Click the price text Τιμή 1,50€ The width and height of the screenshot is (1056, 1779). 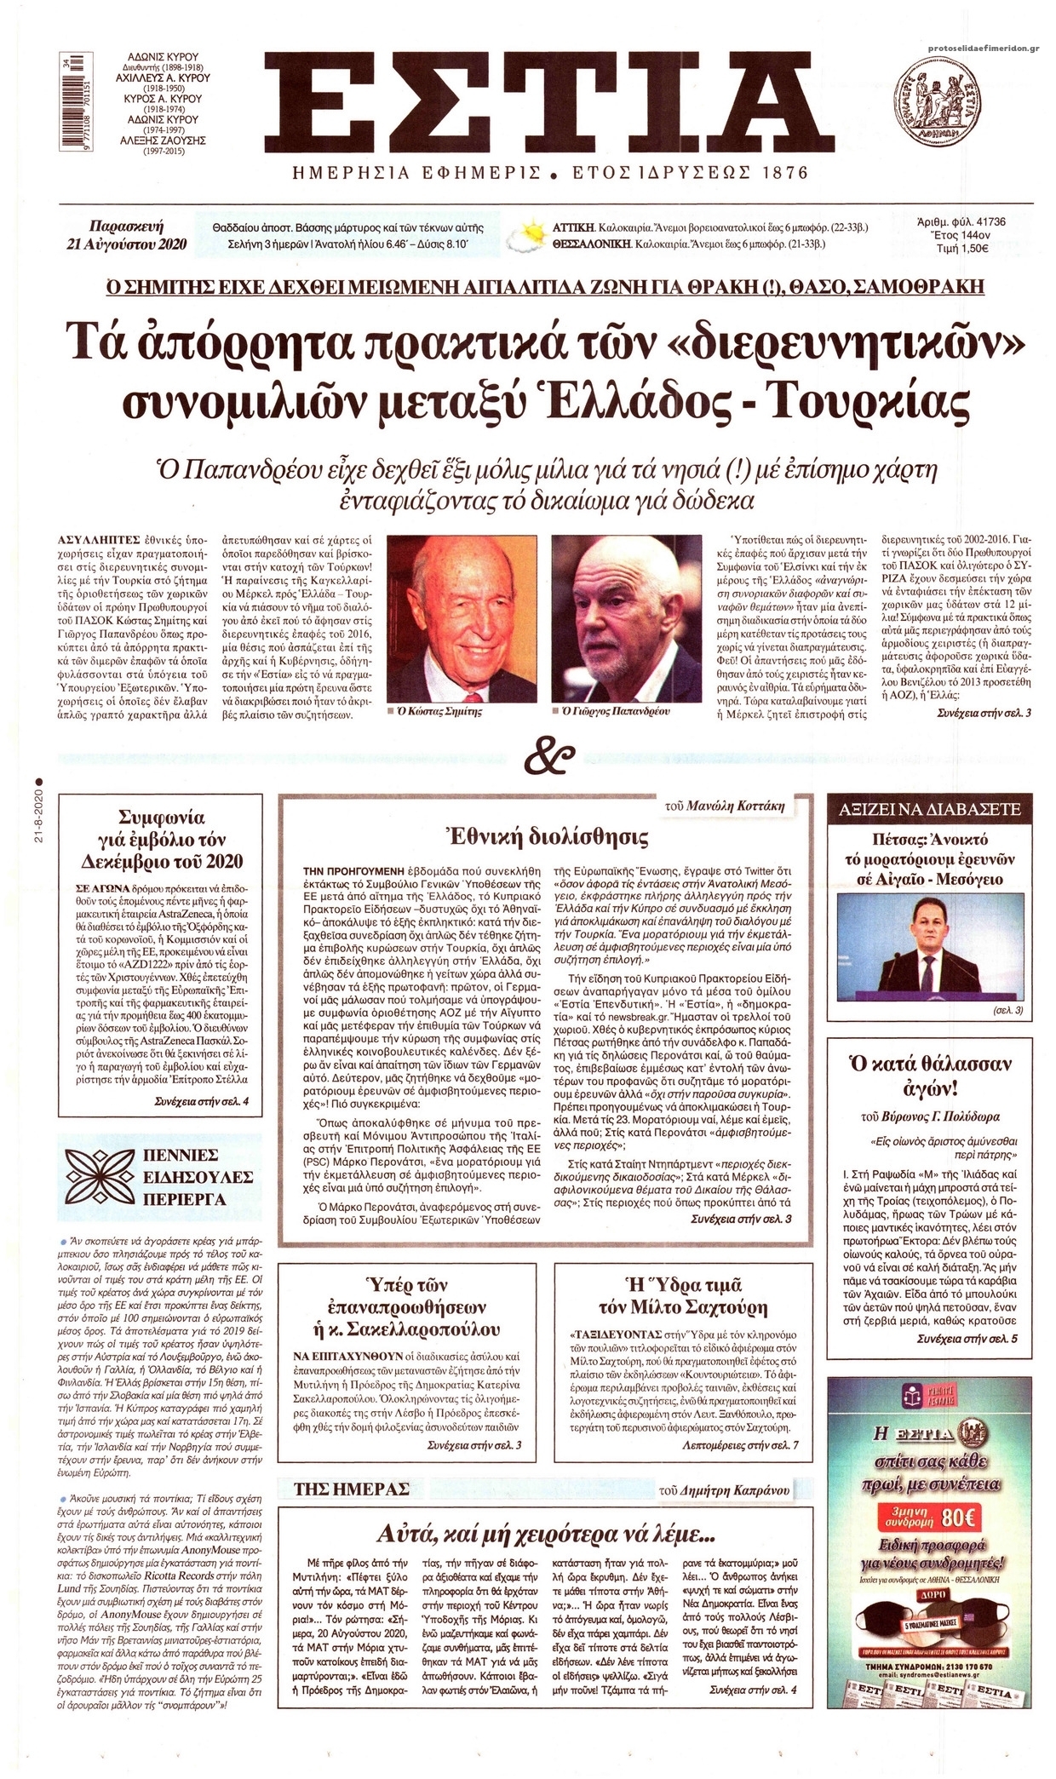click(959, 250)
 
